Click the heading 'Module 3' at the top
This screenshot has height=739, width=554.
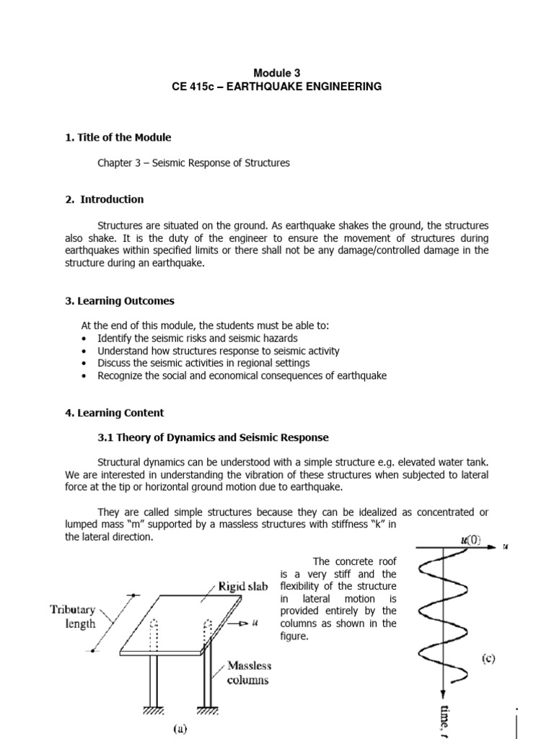pos(277,73)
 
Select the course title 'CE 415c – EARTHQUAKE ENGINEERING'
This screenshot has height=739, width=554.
pos(277,87)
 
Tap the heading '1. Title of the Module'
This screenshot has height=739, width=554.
pos(118,137)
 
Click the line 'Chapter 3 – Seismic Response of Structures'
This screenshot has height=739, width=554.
pos(193,163)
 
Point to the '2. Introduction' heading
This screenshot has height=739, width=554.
pos(105,199)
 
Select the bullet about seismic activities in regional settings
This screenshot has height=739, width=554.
pos(203,363)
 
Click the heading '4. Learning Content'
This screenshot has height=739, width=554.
pos(114,413)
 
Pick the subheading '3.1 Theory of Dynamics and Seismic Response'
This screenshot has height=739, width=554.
pos(213,437)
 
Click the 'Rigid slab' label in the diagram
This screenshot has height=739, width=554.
pos(243,586)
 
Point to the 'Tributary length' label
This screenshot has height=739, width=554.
pos(72,616)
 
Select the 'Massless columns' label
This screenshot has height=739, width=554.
pos(248,672)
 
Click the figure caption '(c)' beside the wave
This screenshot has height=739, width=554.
pos(489,659)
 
